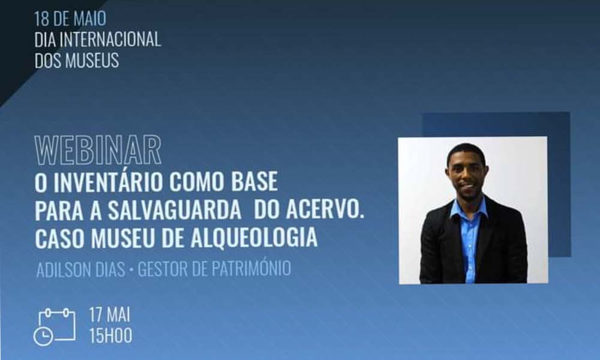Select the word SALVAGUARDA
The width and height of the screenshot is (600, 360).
coord(174,211)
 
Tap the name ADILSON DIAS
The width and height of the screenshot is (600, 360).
coord(81,269)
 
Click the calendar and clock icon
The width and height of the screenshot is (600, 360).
coord(55,327)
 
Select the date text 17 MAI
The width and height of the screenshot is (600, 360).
coord(109,315)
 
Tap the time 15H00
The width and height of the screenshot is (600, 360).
coord(110,336)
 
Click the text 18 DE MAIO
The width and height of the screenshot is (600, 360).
coord(70,19)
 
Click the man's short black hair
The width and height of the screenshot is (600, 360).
coord(466,152)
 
